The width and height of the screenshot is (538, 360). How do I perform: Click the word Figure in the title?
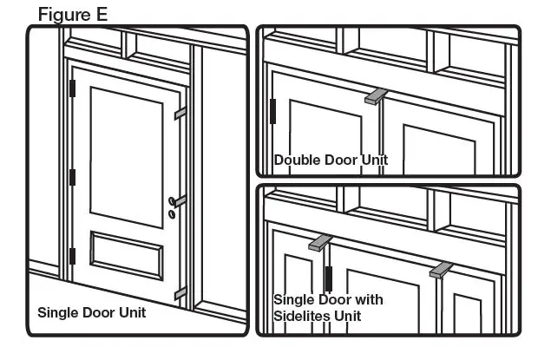pos(65,14)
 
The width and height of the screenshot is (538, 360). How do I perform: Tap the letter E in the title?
pos(103,14)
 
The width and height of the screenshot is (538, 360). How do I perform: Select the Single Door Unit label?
pos(91,312)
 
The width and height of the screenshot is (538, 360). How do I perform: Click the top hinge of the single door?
pos(73,88)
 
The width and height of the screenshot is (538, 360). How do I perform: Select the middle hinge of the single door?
pos(73,177)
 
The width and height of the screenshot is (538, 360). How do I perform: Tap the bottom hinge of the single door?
pos(73,256)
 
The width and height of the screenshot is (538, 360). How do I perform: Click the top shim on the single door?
pos(180,113)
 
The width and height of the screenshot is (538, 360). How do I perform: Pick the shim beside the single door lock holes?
pos(180,200)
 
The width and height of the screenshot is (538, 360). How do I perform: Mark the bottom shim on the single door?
pos(180,294)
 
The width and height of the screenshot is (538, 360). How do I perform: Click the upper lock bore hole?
pos(172,202)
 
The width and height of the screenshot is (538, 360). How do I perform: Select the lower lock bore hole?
pos(172,213)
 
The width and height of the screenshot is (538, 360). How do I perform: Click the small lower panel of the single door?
pos(126,253)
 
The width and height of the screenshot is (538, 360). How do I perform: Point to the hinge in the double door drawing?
pos(272,111)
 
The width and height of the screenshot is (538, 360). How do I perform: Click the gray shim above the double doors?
pos(375,95)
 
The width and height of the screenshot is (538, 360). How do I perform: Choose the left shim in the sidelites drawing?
pos(319,242)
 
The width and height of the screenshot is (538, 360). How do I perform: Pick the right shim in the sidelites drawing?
pos(441,270)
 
